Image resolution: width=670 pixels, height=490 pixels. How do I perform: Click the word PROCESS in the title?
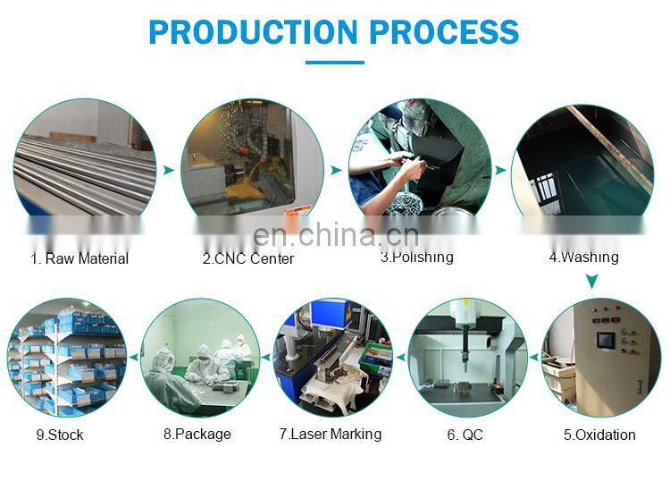click(444, 32)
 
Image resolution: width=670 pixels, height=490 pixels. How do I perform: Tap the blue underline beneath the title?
click(335, 63)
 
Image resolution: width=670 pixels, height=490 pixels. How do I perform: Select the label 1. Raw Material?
click(80, 258)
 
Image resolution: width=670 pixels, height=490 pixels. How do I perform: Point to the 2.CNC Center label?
click(248, 258)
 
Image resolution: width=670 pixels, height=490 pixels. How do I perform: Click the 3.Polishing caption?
click(417, 257)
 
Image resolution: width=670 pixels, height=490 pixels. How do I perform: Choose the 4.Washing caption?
click(583, 257)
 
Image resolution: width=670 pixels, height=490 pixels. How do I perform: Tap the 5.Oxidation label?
click(599, 435)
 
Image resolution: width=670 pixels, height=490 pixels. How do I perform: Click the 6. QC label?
click(465, 435)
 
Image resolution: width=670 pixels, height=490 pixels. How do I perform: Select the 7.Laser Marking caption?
click(331, 434)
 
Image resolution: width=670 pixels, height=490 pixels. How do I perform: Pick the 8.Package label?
click(197, 434)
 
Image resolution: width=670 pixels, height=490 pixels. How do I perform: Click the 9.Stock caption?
click(60, 435)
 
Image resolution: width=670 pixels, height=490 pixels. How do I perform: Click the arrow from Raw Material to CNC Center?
click(168, 170)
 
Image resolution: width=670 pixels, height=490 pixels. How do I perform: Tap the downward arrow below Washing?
click(591, 282)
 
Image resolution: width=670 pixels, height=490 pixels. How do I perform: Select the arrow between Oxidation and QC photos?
click(533, 357)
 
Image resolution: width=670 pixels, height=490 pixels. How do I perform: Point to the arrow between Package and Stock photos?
click(134, 357)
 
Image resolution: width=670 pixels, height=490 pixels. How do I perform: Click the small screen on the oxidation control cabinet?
click(606, 341)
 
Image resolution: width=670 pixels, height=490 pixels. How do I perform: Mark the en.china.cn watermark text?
click(336, 235)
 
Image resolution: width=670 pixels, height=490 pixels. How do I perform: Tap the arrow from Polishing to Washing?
click(500, 170)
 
